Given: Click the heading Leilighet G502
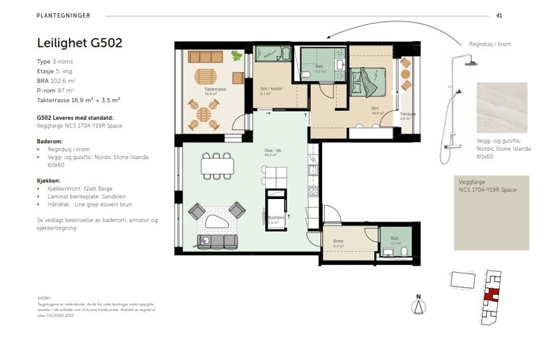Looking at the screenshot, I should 79,43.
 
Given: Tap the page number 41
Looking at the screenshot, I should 499,15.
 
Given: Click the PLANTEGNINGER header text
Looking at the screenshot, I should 63,15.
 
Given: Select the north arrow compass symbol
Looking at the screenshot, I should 419,305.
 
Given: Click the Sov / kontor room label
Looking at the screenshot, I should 271,89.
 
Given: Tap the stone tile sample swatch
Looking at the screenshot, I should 502,108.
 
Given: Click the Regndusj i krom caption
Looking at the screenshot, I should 490,44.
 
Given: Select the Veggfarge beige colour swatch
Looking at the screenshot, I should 491,215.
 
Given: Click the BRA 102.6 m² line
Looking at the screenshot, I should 56,81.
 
